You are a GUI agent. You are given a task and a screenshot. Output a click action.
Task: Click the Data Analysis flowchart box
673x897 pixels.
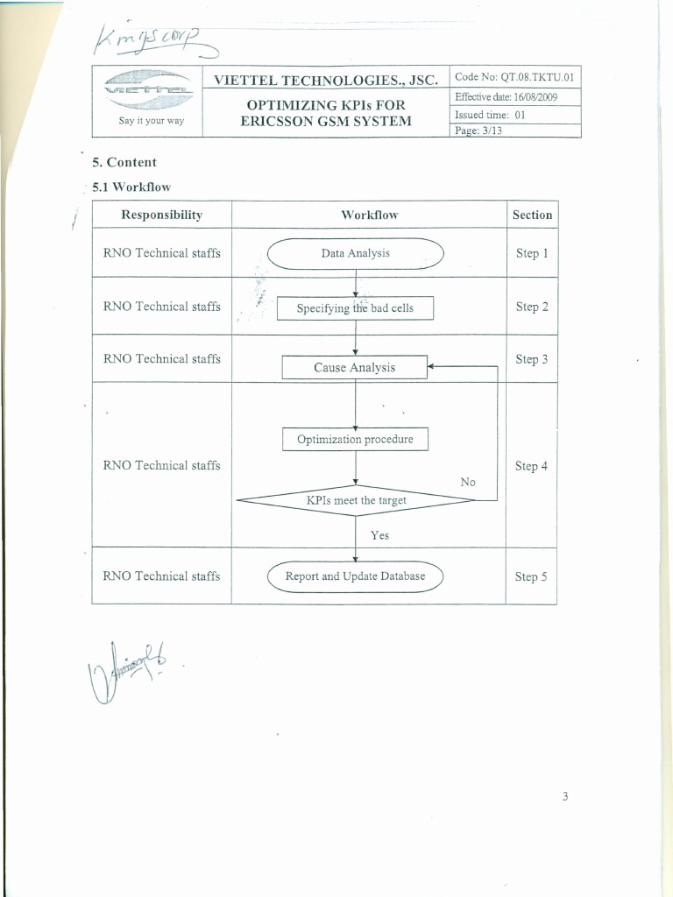click(x=355, y=254)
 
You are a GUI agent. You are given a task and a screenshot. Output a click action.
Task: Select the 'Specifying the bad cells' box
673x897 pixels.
click(x=355, y=308)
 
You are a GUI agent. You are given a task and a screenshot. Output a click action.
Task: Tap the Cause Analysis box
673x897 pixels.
click(x=354, y=368)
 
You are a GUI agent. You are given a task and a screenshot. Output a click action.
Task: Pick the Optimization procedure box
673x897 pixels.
click(x=355, y=439)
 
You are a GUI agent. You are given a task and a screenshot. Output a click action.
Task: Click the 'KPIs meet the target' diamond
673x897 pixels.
click(x=356, y=501)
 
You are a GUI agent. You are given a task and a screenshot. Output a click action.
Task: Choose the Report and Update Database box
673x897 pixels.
click(x=355, y=576)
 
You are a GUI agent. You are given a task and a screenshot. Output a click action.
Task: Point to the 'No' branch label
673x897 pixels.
click(x=468, y=483)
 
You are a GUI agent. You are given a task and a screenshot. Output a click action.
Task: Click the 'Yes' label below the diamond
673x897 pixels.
click(x=379, y=535)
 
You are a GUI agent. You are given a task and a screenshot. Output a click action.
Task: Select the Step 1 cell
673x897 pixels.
click(x=531, y=253)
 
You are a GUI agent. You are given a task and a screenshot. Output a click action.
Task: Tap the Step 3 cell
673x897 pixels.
click(x=531, y=359)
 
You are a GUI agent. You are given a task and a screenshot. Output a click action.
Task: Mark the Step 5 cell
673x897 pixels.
click(x=531, y=576)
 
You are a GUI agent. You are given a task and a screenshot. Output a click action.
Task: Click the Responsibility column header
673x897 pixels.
click(x=161, y=215)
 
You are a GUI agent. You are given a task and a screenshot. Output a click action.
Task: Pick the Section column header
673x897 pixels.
click(x=532, y=215)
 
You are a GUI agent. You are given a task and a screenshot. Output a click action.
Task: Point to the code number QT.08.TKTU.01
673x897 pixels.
click(x=514, y=77)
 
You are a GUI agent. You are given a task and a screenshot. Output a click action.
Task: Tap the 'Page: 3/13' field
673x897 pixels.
click(x=478, y=131)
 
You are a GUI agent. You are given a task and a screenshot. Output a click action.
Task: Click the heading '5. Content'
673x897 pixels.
click(x=124, y=162)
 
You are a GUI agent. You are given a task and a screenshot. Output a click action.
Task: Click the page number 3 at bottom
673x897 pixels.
click(x=566, y=796)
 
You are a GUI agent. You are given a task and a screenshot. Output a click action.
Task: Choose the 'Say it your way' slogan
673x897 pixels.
click(x=152, y=121)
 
